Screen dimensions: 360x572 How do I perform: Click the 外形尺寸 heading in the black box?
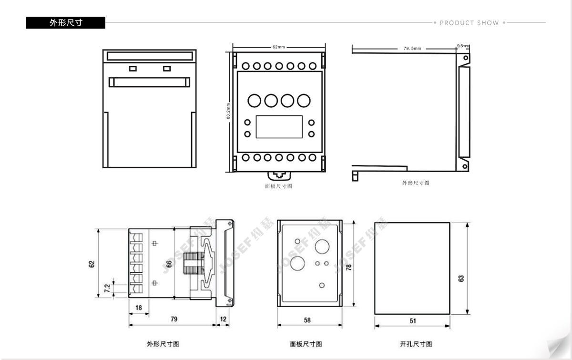(x=66, y=23)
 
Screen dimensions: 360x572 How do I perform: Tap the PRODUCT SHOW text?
(x=469, y=23)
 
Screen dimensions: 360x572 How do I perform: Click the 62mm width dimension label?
(x=279, y=47)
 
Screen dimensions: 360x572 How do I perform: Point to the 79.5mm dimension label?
(x=412, y=49)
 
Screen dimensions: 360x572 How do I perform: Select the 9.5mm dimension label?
(x=463, y=46)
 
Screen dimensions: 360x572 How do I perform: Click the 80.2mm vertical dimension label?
(x=228, y=111)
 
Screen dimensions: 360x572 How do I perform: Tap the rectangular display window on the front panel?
(x=279, y=127)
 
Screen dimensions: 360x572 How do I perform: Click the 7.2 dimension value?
(x=107, y=288)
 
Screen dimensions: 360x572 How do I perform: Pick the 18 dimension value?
(x=139, y=308)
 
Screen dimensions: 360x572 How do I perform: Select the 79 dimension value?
(x=174, y=319)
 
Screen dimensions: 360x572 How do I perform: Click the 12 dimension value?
(x=224, y=319)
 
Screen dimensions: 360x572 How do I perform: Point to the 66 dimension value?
(x=169, y=264)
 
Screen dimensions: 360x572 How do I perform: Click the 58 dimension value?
(x=307, y=320)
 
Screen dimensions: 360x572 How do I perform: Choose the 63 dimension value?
(x=461, y=278)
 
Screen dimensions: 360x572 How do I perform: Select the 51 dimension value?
(x=413, y=321)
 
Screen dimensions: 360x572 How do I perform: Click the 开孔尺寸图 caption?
(x=416, y=344)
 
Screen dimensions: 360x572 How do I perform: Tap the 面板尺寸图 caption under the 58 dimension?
(x=306, y=344)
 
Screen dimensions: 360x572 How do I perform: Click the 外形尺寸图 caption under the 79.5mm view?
(x=416, y=183)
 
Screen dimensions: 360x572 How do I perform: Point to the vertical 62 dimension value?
(x=92, y=264)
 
